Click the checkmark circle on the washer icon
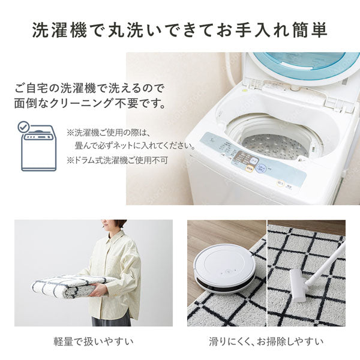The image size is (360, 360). tap(23, 127)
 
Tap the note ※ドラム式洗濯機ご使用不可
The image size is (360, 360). tap(117, 160)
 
